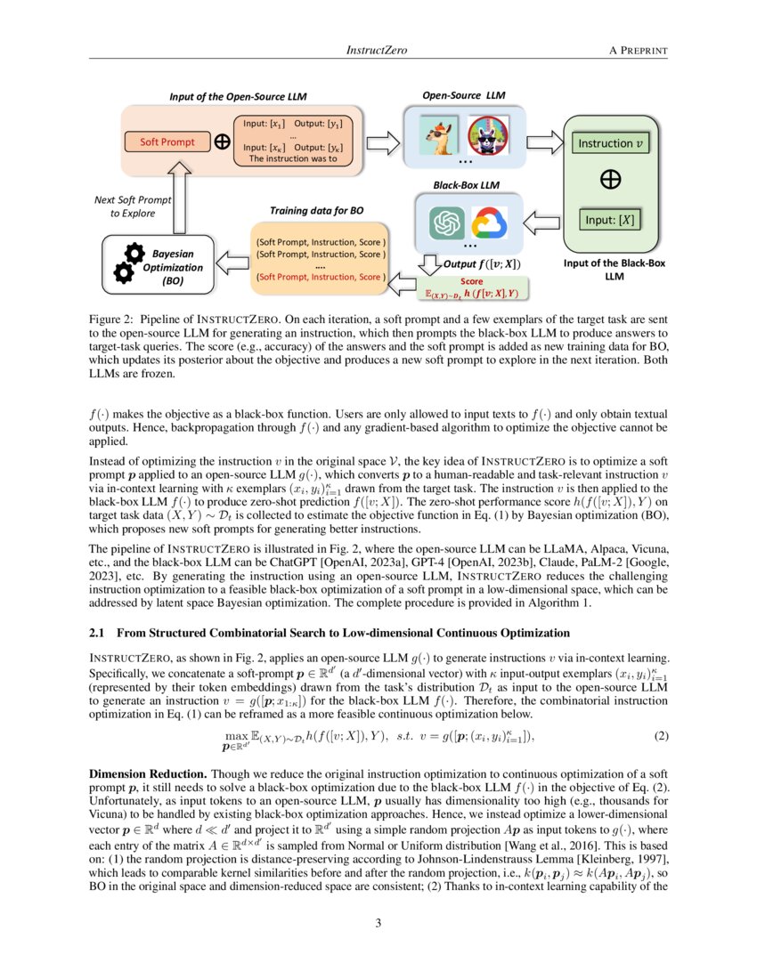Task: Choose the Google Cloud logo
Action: click(x=488, y=222)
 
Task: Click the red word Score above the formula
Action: click(x=471, y=280)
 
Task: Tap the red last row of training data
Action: click(x=320, y=277)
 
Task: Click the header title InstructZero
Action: click(x=376, y=51)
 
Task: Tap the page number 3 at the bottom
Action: click(x=378, y=923)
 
